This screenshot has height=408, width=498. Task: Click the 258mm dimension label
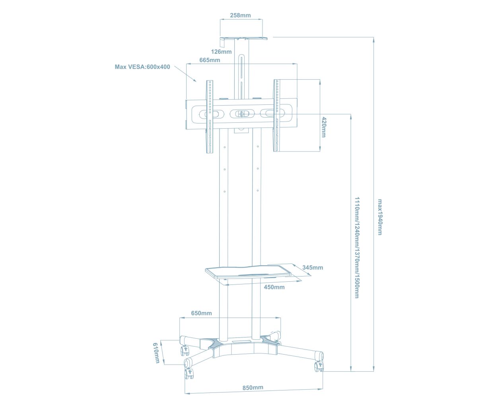coord(240,16)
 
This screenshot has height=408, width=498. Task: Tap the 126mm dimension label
coord(221,51)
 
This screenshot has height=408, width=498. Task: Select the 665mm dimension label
coord(210,60)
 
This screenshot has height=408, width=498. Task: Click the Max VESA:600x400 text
coord(142,67)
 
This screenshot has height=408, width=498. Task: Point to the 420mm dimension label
coord(323,127)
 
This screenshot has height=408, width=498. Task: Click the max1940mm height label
coord(379,217)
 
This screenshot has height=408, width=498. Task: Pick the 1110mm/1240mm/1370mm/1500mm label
coord(357,247)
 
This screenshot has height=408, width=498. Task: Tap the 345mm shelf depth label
coord(312,267)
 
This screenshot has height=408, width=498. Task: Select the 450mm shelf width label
coord(274,287)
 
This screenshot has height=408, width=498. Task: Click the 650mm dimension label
coord(201,313)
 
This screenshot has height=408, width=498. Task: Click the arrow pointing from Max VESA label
coord(185,74)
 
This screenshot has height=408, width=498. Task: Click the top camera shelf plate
coord(243,38)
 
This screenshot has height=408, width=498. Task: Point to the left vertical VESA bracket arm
coord(210,117)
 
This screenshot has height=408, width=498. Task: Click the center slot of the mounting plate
coord(241,114)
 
